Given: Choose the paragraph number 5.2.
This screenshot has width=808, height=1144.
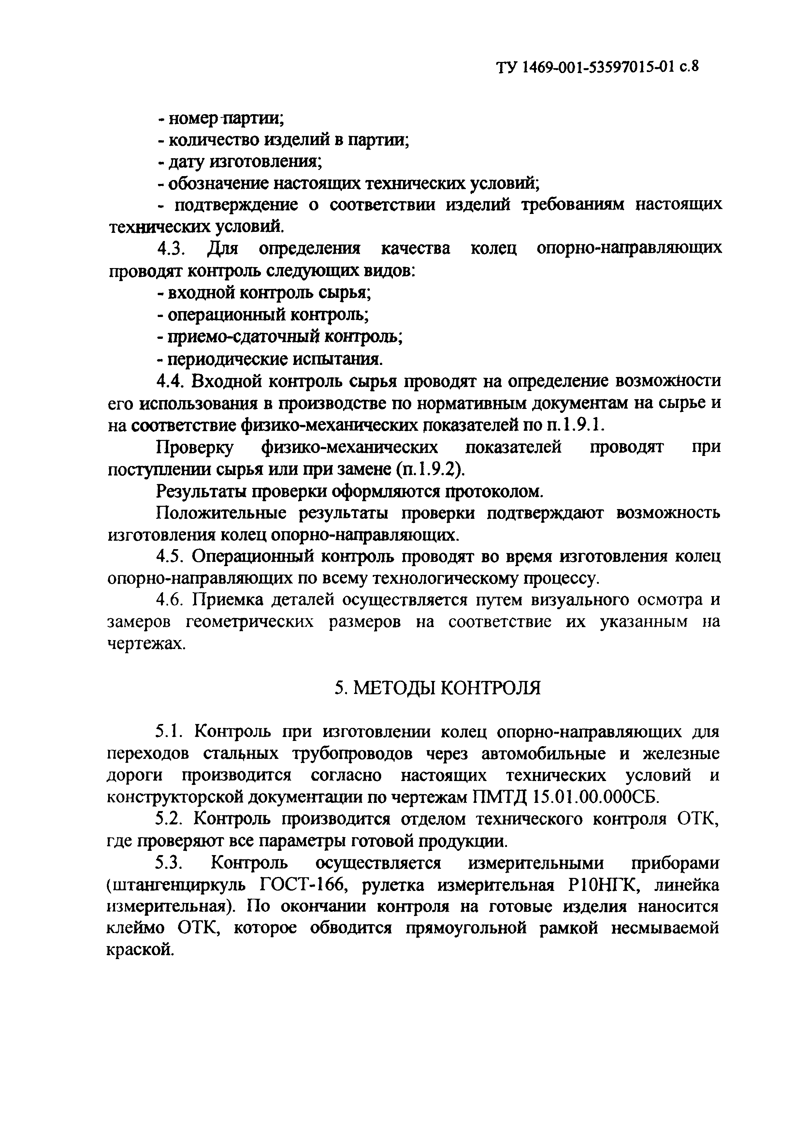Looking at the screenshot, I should point(171,819).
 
